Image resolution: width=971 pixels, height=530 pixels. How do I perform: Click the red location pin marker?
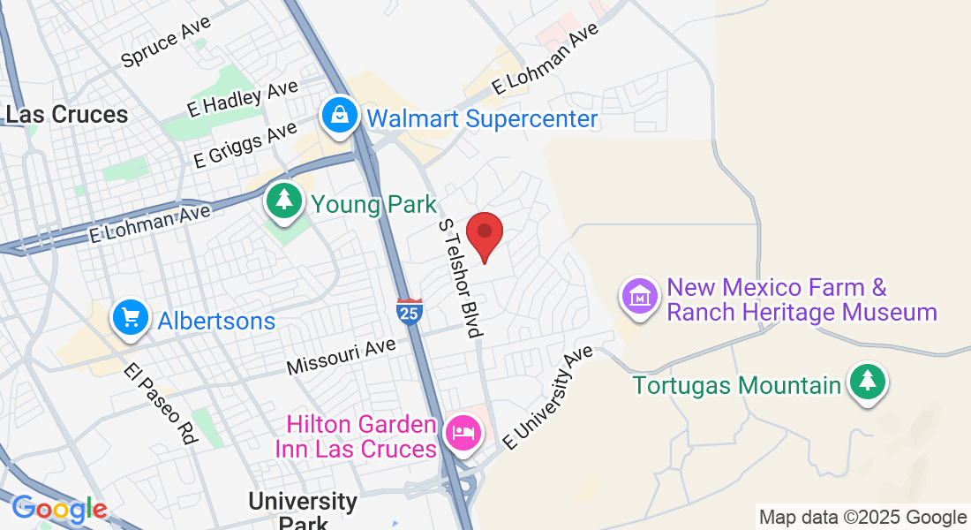[x=484, y=233]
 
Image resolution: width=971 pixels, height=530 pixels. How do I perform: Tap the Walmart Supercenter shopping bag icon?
[x=339, y=116]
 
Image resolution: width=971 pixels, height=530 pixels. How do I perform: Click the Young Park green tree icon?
[x=284, y=201]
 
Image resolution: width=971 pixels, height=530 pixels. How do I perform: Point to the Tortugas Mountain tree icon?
[x=868, y=381]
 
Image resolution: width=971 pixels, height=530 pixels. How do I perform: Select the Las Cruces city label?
[x=67, y=115]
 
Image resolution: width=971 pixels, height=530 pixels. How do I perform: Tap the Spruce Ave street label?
[x=166, y=43]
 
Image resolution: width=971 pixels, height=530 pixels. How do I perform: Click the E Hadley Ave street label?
[x=244, y=97]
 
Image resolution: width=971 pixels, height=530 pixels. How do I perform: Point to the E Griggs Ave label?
[x=245, y=145]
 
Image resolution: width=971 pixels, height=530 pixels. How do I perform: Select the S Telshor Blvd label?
[x=462, y=278]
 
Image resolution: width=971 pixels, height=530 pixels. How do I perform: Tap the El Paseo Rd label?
[x=160, y=404]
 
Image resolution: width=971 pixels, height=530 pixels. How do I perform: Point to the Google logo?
[x=59, y=509]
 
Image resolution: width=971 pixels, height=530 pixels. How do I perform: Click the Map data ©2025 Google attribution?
[x=862, y=518]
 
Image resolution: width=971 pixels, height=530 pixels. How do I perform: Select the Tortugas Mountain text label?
[x=737, y=385]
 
